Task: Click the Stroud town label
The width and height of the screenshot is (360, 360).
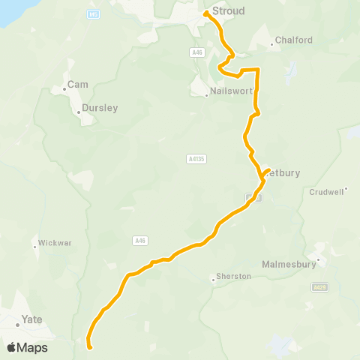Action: (228, 11)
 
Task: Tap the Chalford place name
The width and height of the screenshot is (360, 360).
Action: (293, 40)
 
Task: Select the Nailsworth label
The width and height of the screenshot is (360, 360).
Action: (232, 91)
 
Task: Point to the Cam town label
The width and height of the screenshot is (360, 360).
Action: (78, 85)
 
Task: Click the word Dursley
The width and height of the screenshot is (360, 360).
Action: (100, 108)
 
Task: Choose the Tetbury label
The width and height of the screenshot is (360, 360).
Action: (283, 173)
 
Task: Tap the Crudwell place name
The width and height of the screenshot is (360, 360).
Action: (327, 192)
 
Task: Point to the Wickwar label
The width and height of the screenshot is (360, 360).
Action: (55, 244)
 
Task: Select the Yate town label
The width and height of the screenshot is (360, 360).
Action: (32, 319)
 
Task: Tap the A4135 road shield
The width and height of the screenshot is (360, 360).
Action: (196, 159)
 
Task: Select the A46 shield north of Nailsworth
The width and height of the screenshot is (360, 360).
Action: (196, 52)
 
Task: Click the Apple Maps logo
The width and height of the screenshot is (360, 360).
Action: (27, 347)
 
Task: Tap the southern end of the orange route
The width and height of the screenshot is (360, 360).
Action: (89, 347)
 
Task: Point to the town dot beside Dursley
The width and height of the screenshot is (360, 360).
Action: (79, 113)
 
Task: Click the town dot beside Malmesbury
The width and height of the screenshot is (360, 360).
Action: (319, 260)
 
